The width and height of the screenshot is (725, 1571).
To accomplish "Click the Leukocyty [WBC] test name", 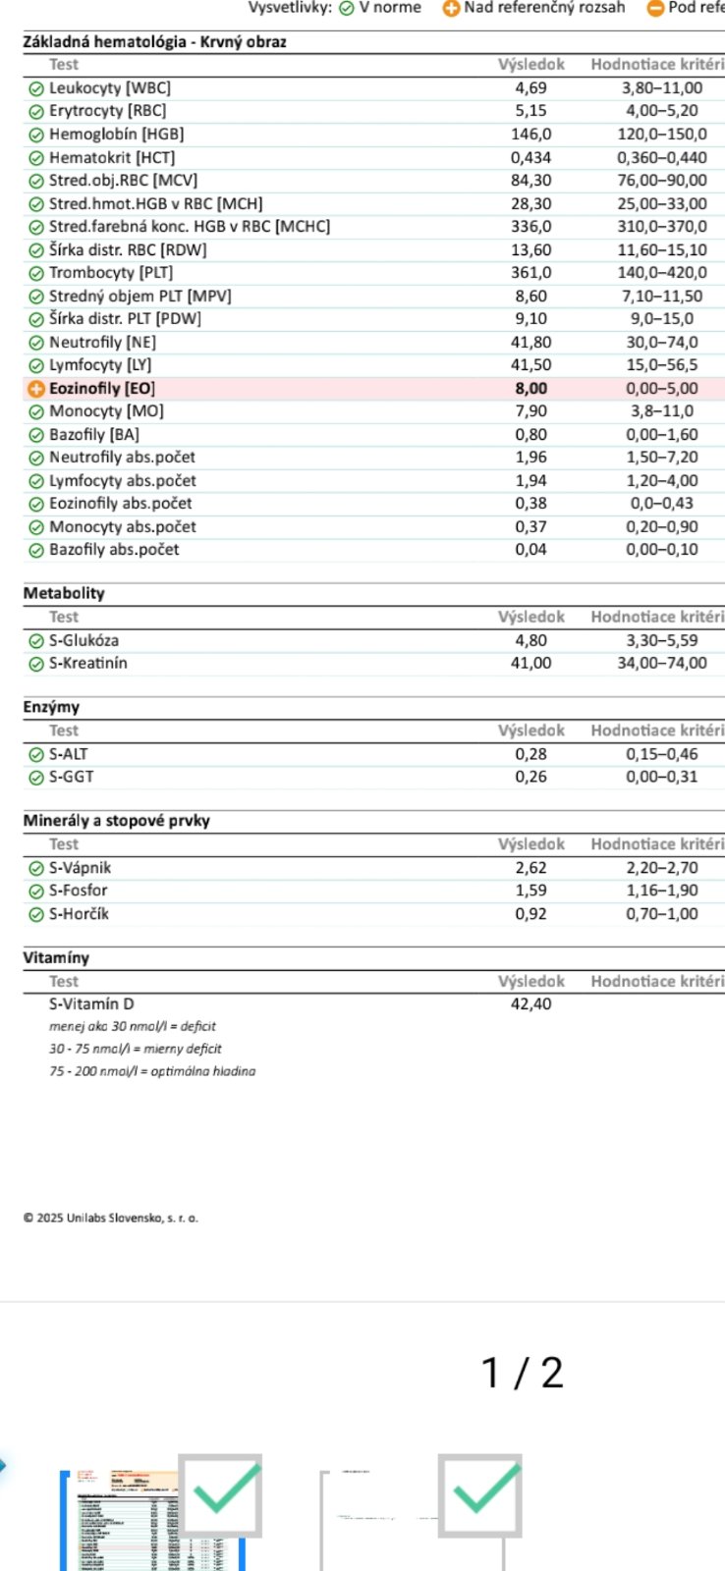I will pyautogui.click(x=109, y=88).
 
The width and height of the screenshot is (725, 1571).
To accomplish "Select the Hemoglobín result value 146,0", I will pyautogui.click(x=530, y=135).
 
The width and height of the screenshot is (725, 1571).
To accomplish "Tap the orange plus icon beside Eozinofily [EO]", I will pyautogui.click(x=36, y=389).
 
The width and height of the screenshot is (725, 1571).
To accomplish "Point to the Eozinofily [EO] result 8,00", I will pyautogui.click(x=530, y=389).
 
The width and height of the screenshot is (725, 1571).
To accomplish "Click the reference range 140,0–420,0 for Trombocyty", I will pyautogui.click(x=661, y=273).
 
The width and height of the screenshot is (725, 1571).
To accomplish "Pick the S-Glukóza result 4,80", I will pyautogui.click(x=530, y=640).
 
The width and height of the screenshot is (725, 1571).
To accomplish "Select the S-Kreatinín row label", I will pyautogui.click(x=87, y=663).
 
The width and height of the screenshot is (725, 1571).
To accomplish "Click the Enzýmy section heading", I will pyautogui.click(x=51, y=707).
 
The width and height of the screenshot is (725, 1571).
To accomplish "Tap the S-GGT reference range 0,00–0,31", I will pyautogui.click(x=661, y=777).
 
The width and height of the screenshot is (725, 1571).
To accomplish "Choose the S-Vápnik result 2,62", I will pyautogui.click(x=530, y=868).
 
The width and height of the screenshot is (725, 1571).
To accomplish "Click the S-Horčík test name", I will pyautogui.click(x=79, y=914).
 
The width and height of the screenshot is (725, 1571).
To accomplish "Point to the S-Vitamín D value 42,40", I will pyautogui.click(x=530, y=1004).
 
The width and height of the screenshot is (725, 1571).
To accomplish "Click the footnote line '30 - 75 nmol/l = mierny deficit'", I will pyautogui.click(x=136, y=1049).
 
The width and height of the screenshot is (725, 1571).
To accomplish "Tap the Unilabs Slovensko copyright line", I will pyautogui.click(x=110, y=1219).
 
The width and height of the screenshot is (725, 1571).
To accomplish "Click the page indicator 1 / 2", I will pyautogui.click(x=522, y=1373).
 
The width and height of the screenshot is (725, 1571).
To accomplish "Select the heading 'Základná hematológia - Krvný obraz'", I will pyautogui.click(x=154, y=42).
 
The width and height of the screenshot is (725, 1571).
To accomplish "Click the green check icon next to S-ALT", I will pyautogui.click(x=36, y=755).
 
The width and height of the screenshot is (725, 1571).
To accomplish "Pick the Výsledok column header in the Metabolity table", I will pyautogui.click(x=530, y=618).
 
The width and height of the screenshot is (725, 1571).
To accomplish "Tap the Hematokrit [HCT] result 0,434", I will pyautogui.click(x=530, y=157).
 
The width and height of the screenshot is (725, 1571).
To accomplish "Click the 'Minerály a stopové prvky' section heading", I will pyautogui.click(x=116, y=821).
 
